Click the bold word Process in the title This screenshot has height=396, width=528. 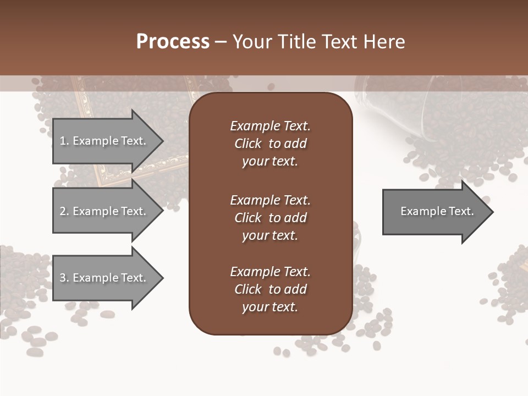[x=173, y=42]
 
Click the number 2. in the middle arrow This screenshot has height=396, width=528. [x=64, y=211]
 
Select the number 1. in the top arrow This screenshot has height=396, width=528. [x=64, y=141]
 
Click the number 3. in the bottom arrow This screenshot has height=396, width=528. [x=64, y=278]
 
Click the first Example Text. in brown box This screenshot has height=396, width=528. [x=270, y=126]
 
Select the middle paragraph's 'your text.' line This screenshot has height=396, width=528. [x=270, y=235]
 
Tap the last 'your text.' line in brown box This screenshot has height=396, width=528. [x=270, y=307]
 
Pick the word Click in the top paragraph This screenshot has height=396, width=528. [x=248, y=144]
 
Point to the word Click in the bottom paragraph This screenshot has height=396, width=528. [x=248, y=289]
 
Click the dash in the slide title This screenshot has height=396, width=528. [x=221, y=42]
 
